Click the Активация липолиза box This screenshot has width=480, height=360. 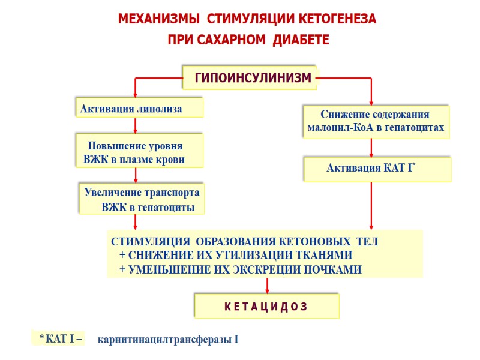(139, 108)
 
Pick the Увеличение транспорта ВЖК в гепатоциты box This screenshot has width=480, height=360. (142, 199)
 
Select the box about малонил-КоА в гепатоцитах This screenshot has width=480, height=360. (376, 121)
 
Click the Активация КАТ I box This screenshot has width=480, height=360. (377, 169)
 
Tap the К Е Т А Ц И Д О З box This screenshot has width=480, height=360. (266, 306)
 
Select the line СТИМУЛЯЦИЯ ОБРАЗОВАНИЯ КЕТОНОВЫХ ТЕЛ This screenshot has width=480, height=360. (245, 242)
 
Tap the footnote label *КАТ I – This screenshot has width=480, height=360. (61, 339)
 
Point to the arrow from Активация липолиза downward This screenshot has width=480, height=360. (136, 125)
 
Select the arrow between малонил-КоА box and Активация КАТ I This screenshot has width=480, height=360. (371, 148)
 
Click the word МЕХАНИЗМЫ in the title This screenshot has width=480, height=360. (154, 19)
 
